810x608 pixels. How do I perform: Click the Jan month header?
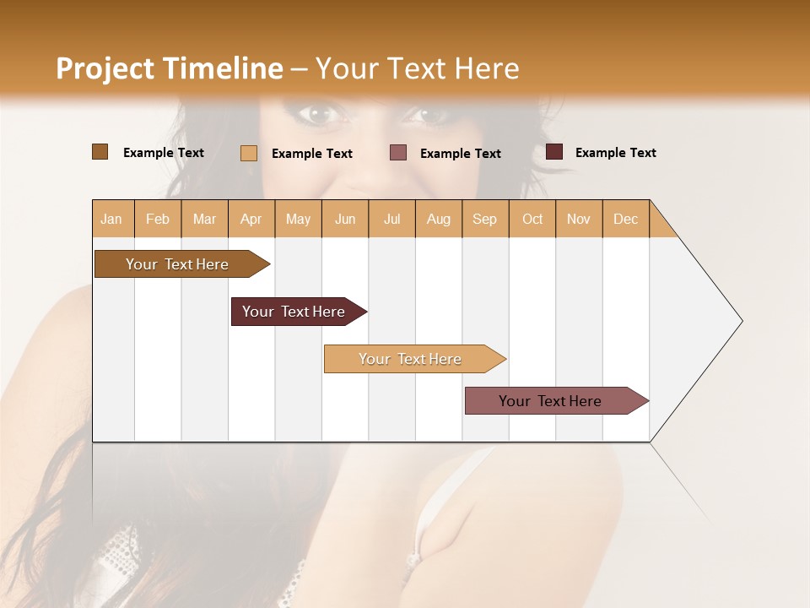click(x=112, y=219)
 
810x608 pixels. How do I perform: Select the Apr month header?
click(x=251, y=219)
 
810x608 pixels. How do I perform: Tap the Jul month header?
click(x=391, y=219)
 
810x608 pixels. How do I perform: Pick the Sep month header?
click(x=484, y=219)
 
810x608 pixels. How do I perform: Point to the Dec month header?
click(x=625, y=219)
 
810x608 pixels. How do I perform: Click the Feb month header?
click(x=158, y=219)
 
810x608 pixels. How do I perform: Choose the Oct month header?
click(x=532, y=219)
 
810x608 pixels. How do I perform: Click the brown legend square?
click(x=100, y=152)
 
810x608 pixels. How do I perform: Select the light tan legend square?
click(x=249, y=153)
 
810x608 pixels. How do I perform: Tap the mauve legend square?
click(x=398, y=153)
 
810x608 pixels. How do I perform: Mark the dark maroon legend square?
click(x=554, y=152)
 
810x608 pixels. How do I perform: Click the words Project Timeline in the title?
click(x=169, y=68)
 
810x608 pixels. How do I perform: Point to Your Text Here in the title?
click(x=417, y=68)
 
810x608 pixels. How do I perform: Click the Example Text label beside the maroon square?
click(x=615, y=153)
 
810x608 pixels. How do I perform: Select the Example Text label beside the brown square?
click(x=163, y=153)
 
